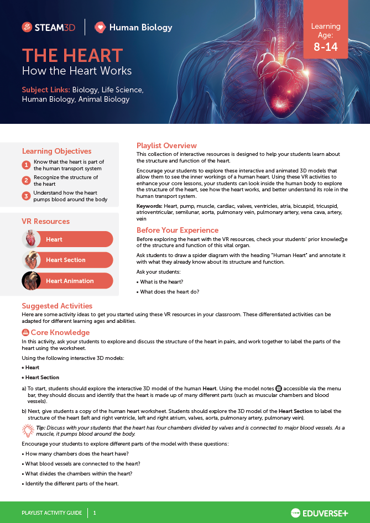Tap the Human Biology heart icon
(x=100, y=27)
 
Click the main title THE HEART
(x=72, y=55)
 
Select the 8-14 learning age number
(x=325, y=47)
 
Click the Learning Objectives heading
(x=56, y=151)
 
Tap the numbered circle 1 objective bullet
(x=26, y=165)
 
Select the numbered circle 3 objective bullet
(x=26, y=196)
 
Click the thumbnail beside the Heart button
(x=32, y=239)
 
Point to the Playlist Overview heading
(x=166, y=145)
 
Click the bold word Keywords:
(x=149, y=206)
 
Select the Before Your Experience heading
(x=178, y=230)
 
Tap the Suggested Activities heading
(x=57, y=306)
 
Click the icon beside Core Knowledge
(x=25, y=332)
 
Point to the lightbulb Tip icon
(x=28, y=430)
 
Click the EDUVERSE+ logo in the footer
(x=320, y=512)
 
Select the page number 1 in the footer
(x=95, y=512)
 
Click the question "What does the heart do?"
(x=169, y=291)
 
